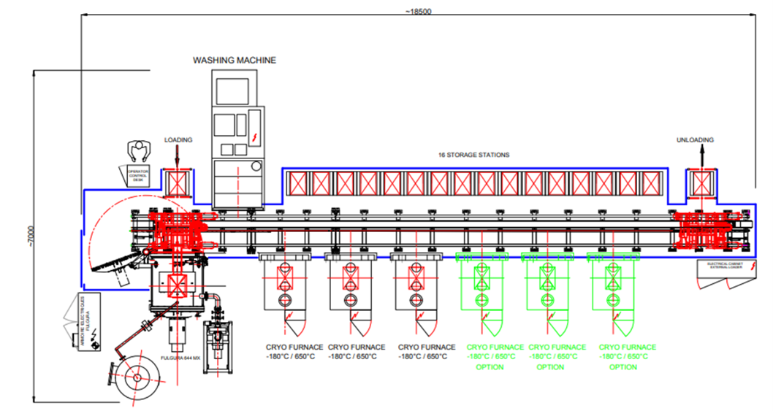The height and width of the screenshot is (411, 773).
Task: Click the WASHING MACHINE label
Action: (234, 61)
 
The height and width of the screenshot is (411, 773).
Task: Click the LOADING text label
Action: (178, 139)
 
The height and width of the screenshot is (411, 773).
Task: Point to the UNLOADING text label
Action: (695, 139)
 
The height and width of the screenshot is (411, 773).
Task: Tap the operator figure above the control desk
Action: (136, 150)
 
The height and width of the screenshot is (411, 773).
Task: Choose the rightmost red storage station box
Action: (654, 183)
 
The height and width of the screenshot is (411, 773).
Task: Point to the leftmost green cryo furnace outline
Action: (481, 289)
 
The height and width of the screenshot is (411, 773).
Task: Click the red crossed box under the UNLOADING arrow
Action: (700, 182)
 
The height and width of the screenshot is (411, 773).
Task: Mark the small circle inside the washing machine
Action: (255, 167)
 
